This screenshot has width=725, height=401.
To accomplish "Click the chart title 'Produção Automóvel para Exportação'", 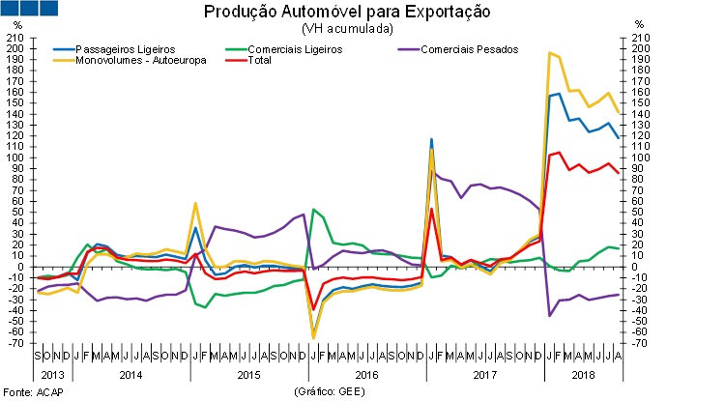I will pos(346,13).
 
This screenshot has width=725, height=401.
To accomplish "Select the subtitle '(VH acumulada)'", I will pos(346,29).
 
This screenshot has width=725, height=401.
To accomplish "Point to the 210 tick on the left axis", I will pos(15,39).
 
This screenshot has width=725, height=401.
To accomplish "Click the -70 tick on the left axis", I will pos(15,343).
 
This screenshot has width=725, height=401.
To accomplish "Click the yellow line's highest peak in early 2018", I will pos(549,53).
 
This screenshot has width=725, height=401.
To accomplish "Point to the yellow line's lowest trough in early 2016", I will pos(313,337).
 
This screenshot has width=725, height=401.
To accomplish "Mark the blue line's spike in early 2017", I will pos(431,140).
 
